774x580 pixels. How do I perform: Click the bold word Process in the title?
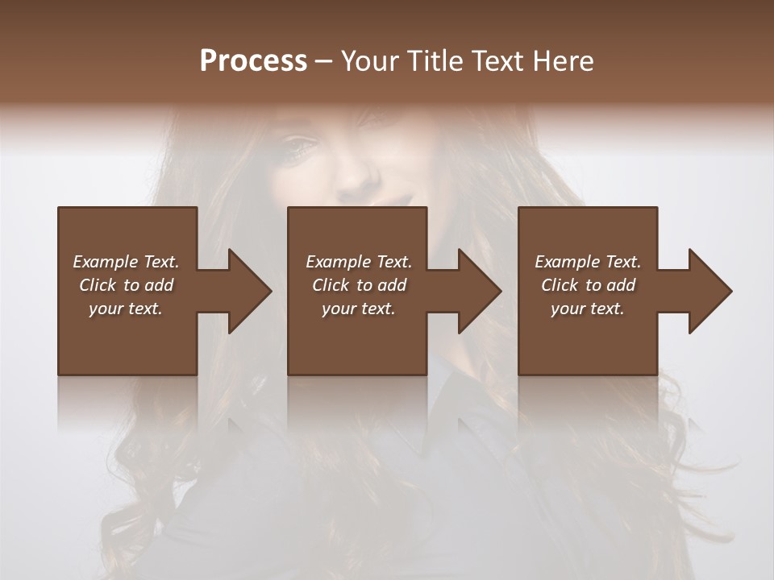(x=253, y=61)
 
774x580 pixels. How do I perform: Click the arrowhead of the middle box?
(x=479, y=291)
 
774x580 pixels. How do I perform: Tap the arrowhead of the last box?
(x=709, y=291)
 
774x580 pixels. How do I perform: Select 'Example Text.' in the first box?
(x=126, y=262)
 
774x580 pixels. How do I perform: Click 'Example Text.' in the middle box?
(x=358, y=262)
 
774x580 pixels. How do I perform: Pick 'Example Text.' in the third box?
(x=588, y=262)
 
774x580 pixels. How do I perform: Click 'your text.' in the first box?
(x=126, y=309)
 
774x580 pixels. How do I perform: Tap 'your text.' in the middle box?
(x=358, y=309)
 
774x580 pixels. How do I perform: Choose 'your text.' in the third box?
(x=588, y=309)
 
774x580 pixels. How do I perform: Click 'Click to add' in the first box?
(x=126, y=285)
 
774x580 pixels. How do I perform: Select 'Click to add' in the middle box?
(x=358, y=285)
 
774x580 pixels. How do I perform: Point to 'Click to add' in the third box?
(x=588, y=285)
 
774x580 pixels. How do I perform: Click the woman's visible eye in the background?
(x=299, y=146)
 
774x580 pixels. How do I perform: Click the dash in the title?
(x=322, y=61)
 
